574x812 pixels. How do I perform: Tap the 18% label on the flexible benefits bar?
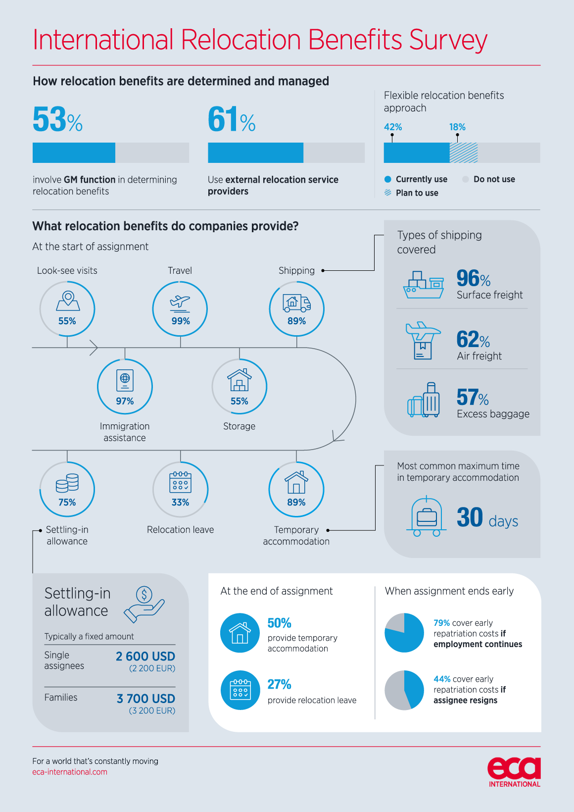pyautogui.click(x=457, y=127)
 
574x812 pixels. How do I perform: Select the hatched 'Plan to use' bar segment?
pyautogui.click(x=464, y=153)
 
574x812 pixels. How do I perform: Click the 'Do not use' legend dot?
pyautogui.click(x=466, y=179)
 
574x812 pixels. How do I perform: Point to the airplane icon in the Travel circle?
pyautogui.click(x=180, y=301)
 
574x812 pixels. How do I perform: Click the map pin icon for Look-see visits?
pyautogui.click(x=68, y=301)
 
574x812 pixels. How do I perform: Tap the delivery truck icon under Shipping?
pyautogui.click(x=296, y=302)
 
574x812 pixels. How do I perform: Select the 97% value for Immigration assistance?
pyautogui.click(x=125, y=401)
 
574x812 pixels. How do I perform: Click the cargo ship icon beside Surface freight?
pyautogui.click(x=424, y=285)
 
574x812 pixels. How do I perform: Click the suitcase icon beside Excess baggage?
pyautogui.click(x=424, y=401)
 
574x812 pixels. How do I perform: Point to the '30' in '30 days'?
pyautogui.click(x=470, y=517)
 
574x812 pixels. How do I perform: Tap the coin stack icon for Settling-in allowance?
pyautogui.click(x=67, y=483)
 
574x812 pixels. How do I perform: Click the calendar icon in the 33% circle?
pyautogui.click(x=180, y=482)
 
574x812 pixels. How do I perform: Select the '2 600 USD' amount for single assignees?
pyautogui.click(x=145, y=657)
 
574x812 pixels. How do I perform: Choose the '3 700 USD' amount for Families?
pyautogui.click(x=146, y=699)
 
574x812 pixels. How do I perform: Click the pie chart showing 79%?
pyautogui.click(x=404, y=633)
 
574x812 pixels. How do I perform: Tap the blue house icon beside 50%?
pyautogui.click(x=240, y=633)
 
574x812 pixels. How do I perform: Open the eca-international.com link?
pyautogui.click(x=70, y=772)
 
